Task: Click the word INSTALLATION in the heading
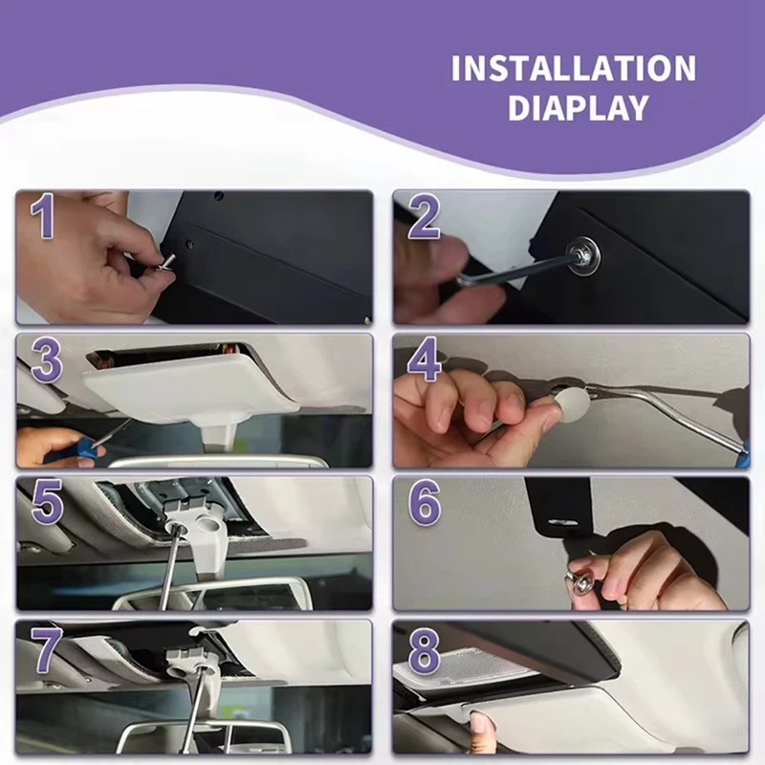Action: coord(574,68)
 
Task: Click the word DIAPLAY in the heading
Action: coord(579,108)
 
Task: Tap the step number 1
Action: coord(42,215)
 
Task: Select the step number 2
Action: coord(424,215)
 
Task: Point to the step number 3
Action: coord(47,361)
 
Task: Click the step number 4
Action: coord(424,359)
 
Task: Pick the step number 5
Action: coord(47,503)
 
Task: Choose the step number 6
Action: coord(424,503)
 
